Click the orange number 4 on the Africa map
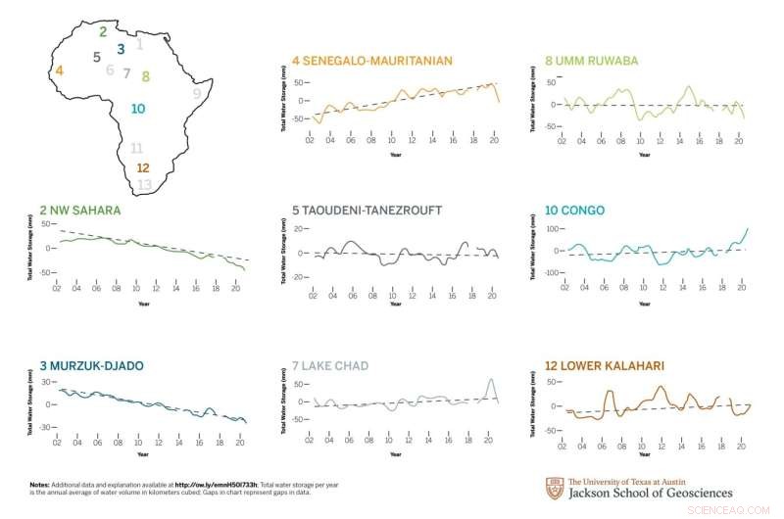[60, 71]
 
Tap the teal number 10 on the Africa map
[138, 109]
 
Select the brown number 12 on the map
[142, 168]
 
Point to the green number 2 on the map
[103, 31]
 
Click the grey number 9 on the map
[197, 93]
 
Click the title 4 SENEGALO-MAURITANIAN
[372, 61]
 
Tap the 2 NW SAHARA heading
[80, 210]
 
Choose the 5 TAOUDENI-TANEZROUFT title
[367, 210]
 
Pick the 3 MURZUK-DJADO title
[92, 365]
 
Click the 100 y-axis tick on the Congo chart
[552, 229]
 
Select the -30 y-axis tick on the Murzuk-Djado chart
[45, 428]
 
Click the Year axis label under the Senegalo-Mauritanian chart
[395, 154]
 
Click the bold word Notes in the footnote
[40, 484]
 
